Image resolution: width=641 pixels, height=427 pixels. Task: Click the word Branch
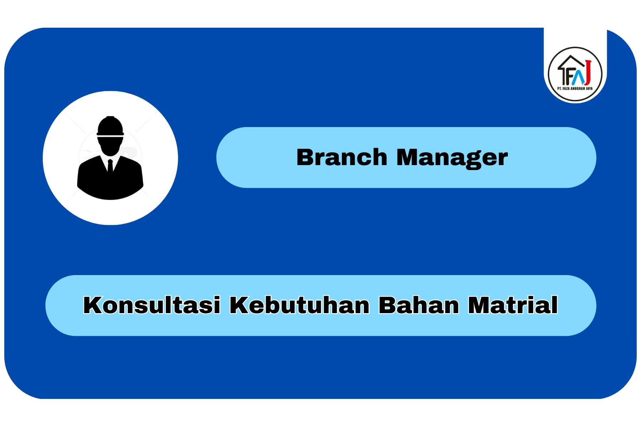[342, 157]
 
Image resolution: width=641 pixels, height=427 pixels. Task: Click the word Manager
[452, 158]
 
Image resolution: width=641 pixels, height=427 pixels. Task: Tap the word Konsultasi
[152, 305]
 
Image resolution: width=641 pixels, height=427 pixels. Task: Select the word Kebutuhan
[299, 305]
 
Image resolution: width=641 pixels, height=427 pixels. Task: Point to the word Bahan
[419, 305]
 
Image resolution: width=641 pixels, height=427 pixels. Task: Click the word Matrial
[513, 305]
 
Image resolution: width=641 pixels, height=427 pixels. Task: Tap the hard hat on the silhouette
[110, 126]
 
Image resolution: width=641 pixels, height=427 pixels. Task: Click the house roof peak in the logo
[572, 56]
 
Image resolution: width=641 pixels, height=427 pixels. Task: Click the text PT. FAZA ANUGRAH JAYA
[575, 88]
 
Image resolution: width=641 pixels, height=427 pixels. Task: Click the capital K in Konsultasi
[93, 305]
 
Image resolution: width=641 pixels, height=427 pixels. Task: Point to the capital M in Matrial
[479, 305]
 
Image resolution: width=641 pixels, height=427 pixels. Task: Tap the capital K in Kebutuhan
[240, 305]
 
